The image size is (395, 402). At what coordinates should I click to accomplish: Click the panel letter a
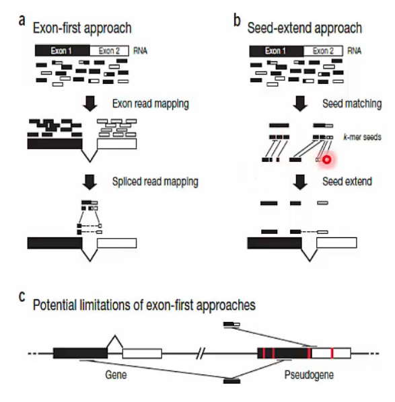pos(22,21)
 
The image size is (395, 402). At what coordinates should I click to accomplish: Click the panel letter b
pos(237,20)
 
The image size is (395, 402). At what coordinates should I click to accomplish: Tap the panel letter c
pos(22,296)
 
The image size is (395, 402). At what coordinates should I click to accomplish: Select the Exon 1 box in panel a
pos(63,51)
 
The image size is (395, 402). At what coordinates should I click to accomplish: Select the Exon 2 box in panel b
pos(323,51)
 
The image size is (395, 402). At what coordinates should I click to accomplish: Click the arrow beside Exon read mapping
pos(89,104)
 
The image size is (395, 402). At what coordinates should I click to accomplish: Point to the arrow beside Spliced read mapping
pos(89,182)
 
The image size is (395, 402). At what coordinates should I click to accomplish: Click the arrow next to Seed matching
pos(300,104)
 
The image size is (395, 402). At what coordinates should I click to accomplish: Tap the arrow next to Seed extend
pos(300,182)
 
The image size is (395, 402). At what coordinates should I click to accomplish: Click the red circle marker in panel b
pos(326,160)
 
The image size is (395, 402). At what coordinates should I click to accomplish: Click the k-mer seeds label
pos(363,137)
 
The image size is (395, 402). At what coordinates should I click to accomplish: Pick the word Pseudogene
pos(309,375)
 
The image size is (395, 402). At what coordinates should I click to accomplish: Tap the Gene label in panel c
pos(116,375)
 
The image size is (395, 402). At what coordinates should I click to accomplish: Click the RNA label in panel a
pos(140,51)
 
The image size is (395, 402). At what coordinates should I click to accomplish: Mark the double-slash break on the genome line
pos(201,354)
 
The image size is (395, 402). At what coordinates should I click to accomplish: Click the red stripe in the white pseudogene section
pos(332,354)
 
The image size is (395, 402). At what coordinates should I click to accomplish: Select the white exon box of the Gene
pos(142,354)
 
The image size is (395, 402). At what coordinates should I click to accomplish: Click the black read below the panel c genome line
pos(231,381)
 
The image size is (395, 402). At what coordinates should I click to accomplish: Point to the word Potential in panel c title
pos(55,305)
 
